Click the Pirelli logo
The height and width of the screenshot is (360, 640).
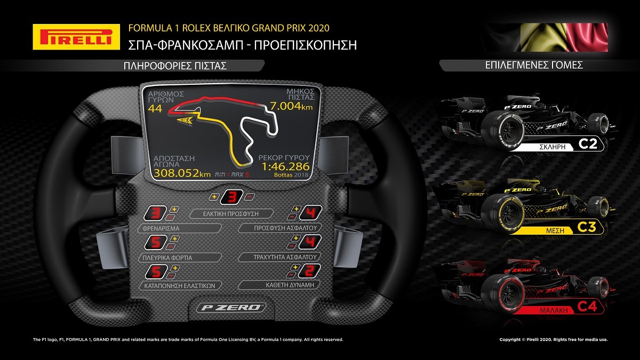click(x=76, y=37)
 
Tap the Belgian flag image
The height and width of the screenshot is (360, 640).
click(x=564, y=37)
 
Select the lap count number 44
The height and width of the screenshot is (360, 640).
click(x=155, y=109)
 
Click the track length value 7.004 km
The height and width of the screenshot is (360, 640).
click(x=291, y=106)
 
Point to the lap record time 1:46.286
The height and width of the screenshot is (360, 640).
click(x=286, y=166)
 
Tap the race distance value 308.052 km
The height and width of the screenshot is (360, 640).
click(x=182, y=173)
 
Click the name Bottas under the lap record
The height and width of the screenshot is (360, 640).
click(x=283, y=174)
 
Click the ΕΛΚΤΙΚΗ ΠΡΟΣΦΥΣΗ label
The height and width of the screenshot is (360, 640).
click(x=231, y=214)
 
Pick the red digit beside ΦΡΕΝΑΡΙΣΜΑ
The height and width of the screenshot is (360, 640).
click(x=155, y=213)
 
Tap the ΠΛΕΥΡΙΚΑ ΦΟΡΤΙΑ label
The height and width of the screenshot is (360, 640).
click(x=167, y=258)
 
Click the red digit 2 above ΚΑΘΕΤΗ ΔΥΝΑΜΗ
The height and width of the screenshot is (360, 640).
click(x=310, y=270)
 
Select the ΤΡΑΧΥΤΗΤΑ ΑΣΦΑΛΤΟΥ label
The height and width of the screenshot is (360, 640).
click(x=285, y=257)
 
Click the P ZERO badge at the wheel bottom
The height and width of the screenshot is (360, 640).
click(x=231, y=307)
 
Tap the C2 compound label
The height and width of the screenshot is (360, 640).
click(x=588, y=143)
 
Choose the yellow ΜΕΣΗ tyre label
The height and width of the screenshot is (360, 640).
click(x=555, y=230)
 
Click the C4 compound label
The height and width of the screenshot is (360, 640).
click(x=587, y=307)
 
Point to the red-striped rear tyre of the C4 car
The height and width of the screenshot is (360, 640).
click(x=502, y=299)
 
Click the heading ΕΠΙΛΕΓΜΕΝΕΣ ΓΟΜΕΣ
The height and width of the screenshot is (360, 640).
click(x=534, y=66)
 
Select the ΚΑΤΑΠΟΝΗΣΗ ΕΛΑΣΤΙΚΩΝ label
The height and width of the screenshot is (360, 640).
click(x=180, y=286)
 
